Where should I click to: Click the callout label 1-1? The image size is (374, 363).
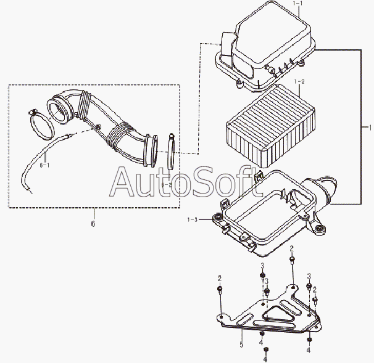[299, 5]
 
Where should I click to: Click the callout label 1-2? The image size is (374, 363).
[299, 81]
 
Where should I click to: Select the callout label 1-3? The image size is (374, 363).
[193, 219]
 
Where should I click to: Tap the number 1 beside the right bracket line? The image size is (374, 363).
[370, 129]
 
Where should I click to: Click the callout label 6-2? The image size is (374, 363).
[167, 184]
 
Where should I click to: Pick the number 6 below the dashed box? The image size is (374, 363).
[93, 224]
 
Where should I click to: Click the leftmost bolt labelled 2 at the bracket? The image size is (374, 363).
[220, 289]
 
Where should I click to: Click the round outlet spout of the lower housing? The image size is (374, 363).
[328, 186]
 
